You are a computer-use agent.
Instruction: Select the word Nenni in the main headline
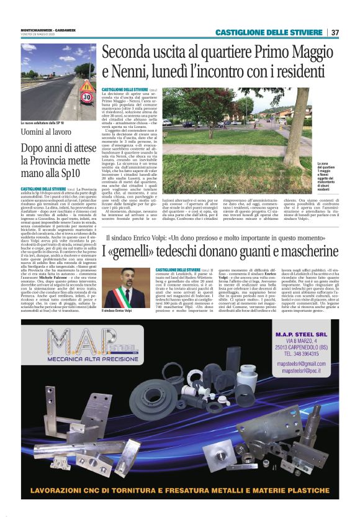[136, 72]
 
